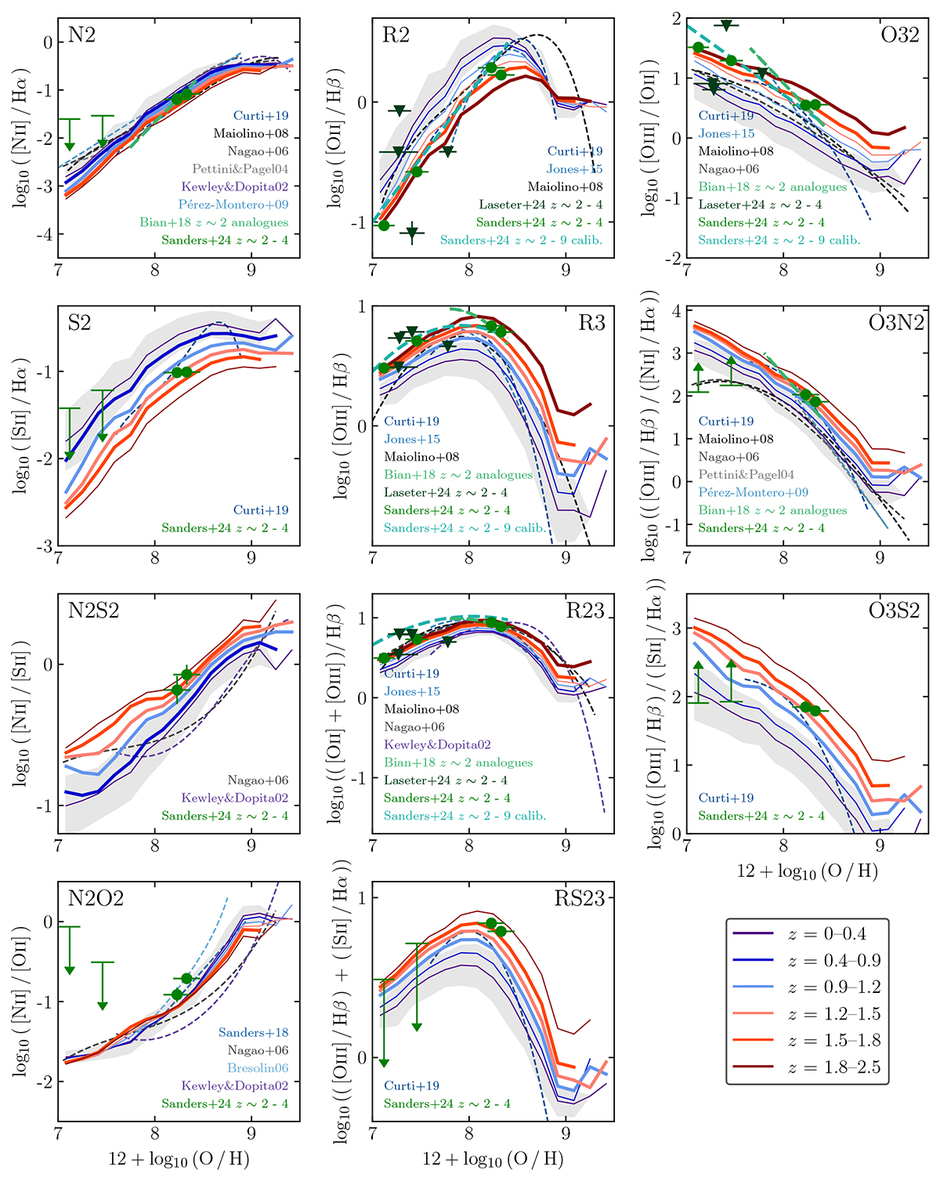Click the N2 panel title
pyautogui.click(x=82, y=35)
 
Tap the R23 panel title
pyautogui.click(x=585, y=611)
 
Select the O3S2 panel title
pyautogui.click(x=894, y=611)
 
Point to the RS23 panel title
pyautogui.click(x=580, y=899)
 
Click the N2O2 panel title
pyautogui.click(x=96, y=899)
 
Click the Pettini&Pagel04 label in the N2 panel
pyautogui.click(x=240, y=169)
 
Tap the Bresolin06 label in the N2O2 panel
pyautogui.click(x=258, y=1068)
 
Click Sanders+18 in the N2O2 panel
pyautogui.click(x=253, y=1033)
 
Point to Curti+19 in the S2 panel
pyautogui.click(x=261, y=510)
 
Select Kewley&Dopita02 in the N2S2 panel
pyautogui.click(x=235, y=798)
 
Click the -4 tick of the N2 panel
pyautogui.click(x=46, y=234)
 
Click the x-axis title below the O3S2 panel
pyautogui.click(x=807, y=871)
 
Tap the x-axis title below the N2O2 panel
pyautogui.click(x=179, y=1158)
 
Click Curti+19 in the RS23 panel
pyautogui.click(x=411, y=1086)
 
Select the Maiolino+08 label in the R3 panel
pyautogui.click(x=421, y=457)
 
